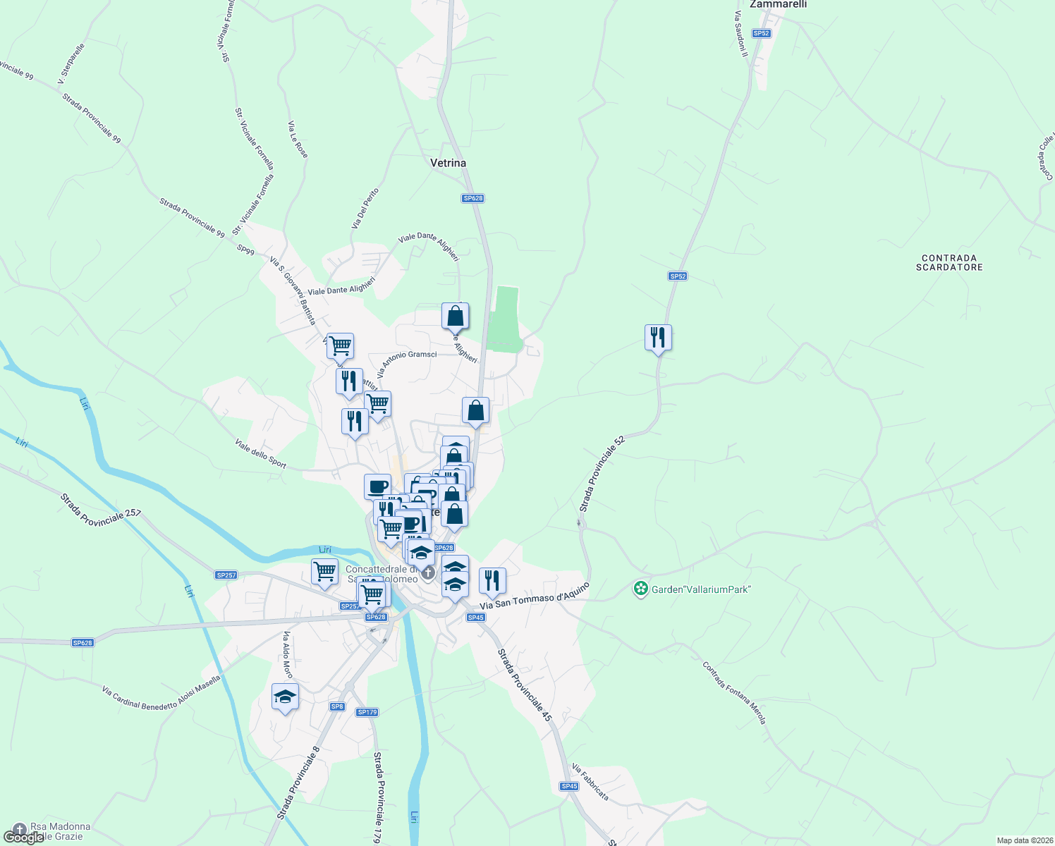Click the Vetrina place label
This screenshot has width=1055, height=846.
point(448,163)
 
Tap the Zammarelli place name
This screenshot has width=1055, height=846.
point(778,4)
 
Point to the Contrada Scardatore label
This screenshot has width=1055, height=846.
point(949,262)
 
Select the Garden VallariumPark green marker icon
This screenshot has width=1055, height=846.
point(640,589)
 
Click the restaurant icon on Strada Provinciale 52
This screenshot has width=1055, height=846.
point(658,338)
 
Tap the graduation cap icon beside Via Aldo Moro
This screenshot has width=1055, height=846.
point(285,697)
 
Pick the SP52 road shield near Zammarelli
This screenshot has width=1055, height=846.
point(761,33)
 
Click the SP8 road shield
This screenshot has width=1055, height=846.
point(337,706)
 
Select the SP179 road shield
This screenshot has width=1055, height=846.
point(367,712)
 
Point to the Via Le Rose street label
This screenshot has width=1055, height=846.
point(298,140)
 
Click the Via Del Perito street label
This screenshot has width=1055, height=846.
point(365,208)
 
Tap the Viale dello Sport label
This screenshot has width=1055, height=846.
point(261,453)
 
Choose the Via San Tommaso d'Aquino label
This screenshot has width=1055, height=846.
point(534,596)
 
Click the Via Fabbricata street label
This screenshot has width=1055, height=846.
point(590,782)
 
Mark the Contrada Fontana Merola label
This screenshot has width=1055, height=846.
point(733,692)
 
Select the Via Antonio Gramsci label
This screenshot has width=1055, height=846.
point(407,362)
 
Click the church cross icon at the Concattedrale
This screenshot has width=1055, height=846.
point(428,573)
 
